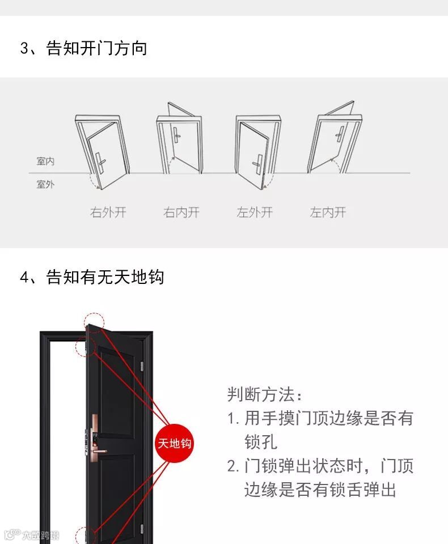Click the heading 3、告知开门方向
point(83,48)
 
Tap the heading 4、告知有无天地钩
point(92,277)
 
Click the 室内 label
point(45,161)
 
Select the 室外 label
point(45,184)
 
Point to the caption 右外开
point(108,212)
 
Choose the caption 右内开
point(181,212)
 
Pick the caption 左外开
point(255,212)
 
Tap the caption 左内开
point(328,212)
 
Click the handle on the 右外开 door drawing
point(101,163)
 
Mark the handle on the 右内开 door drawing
point(177,133)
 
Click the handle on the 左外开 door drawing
point(257,164)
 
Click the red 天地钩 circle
point(174,443)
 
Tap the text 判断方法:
point(265,394)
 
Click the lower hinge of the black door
point(142,529)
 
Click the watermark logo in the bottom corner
point(32,534)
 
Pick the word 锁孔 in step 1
point(261,441)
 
